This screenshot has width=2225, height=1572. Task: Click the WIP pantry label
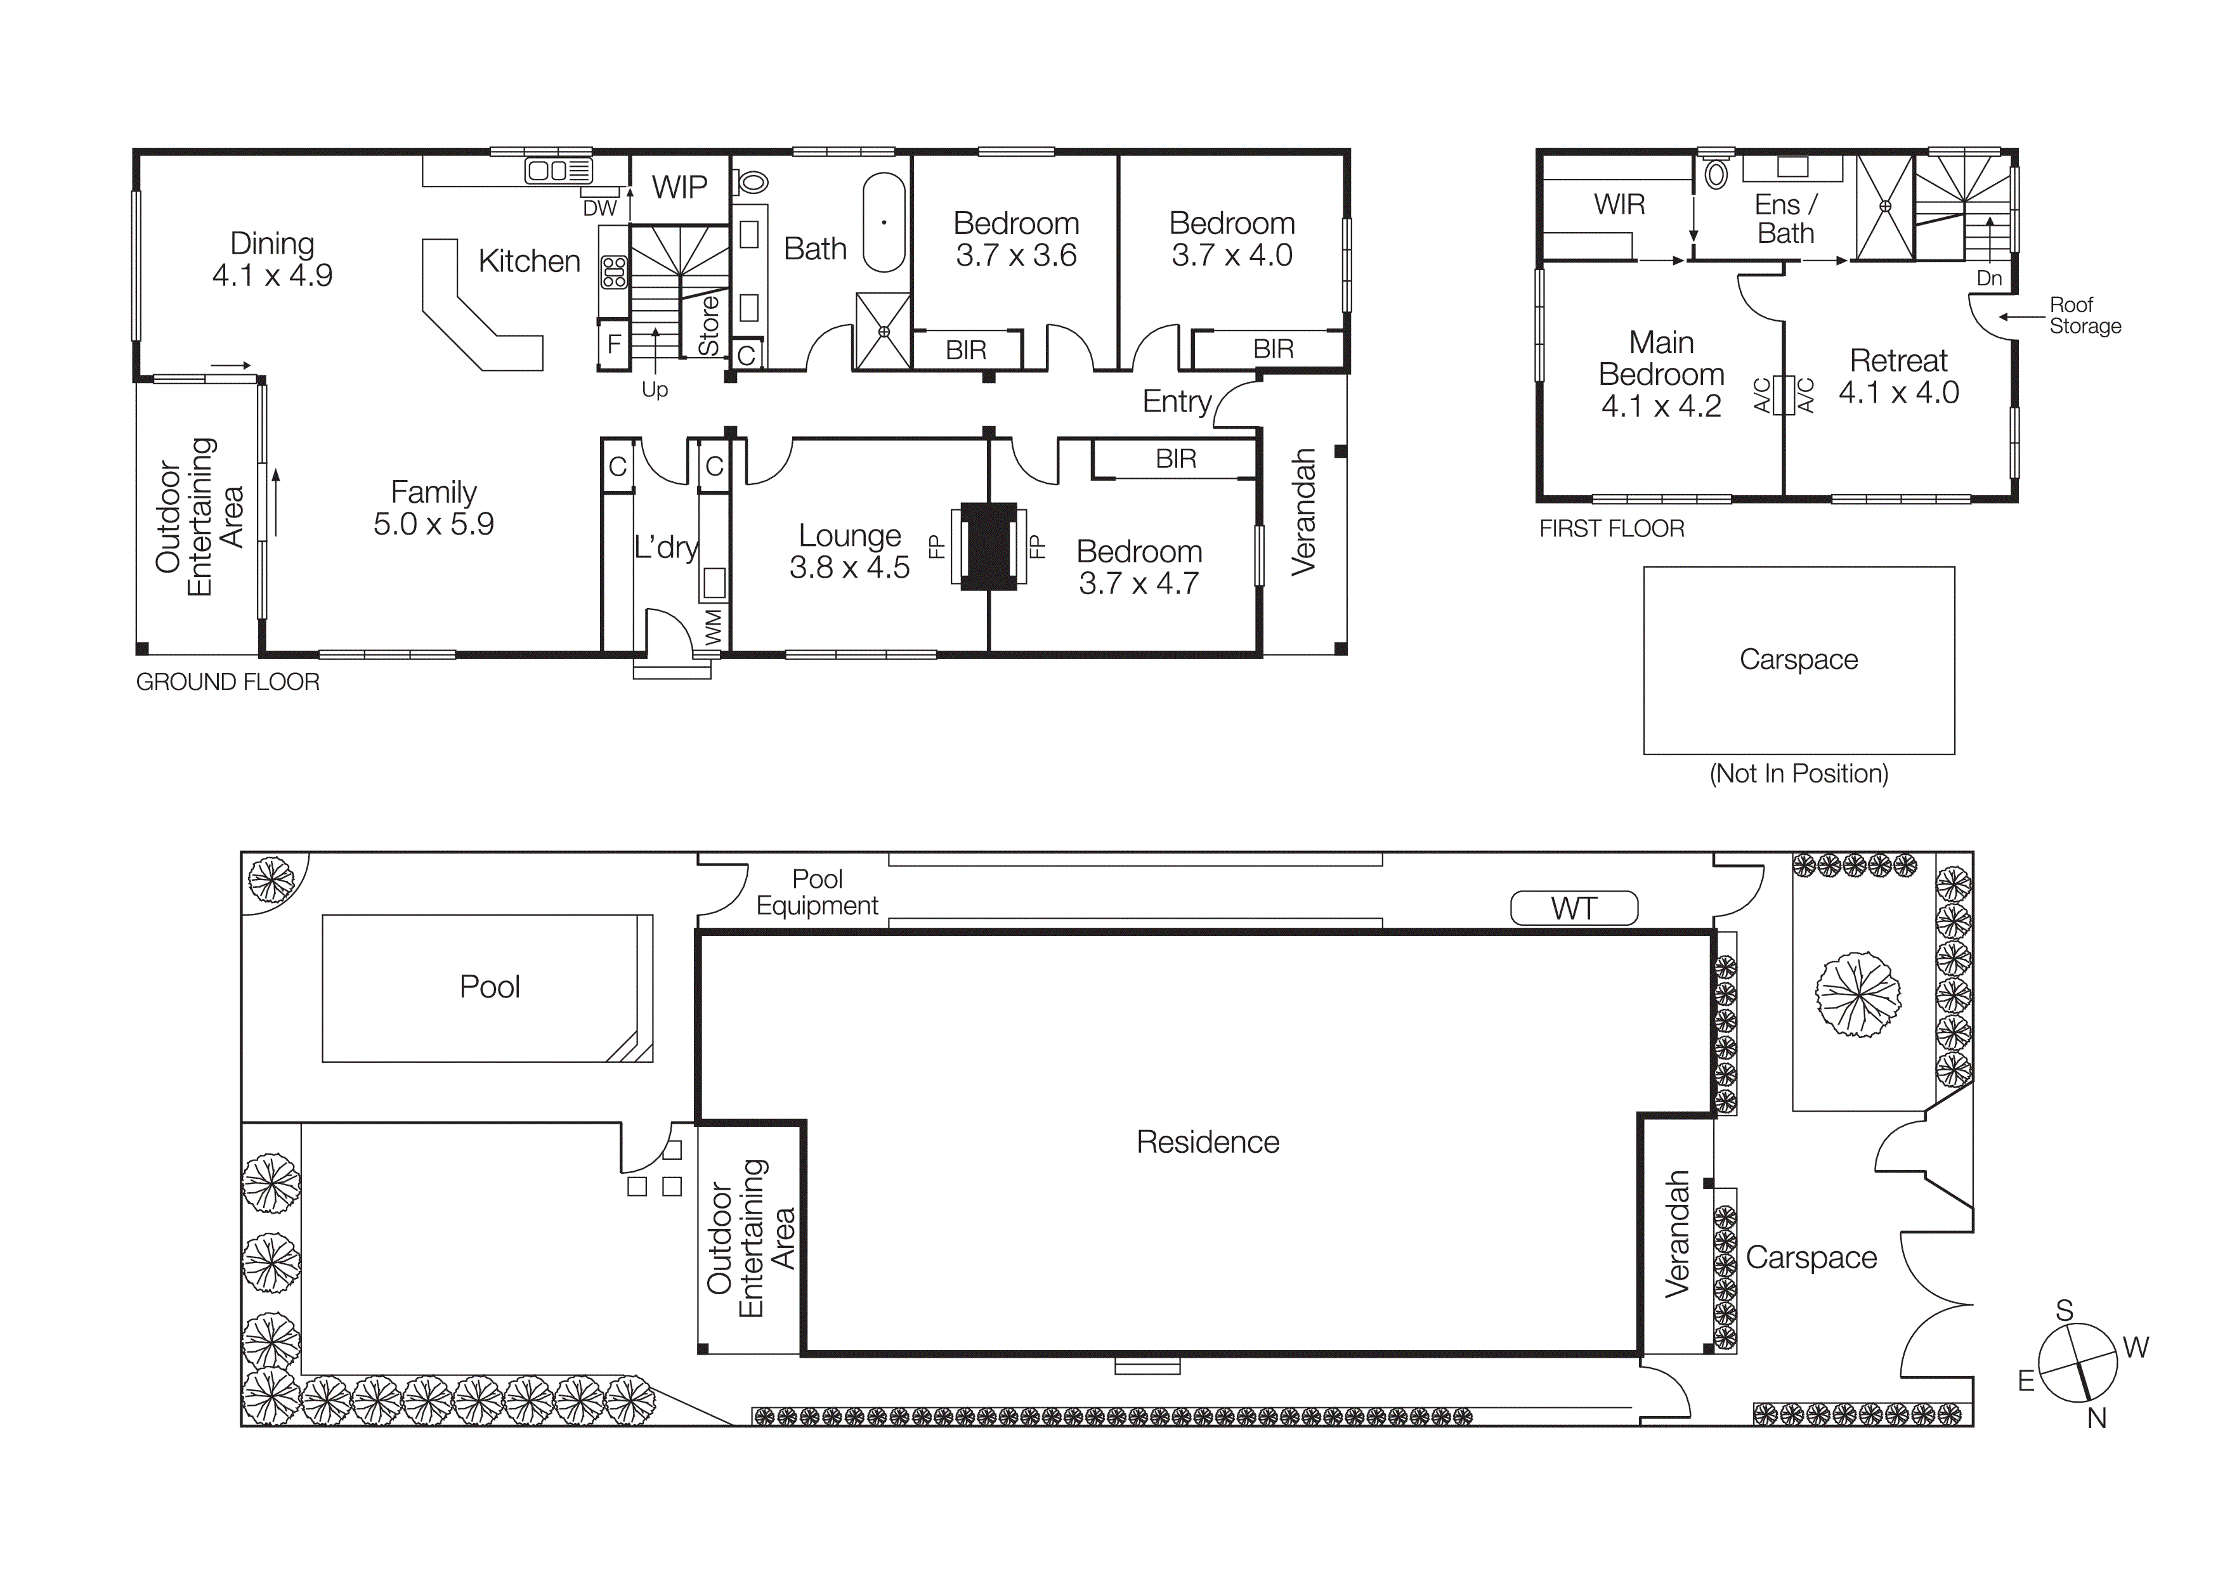(679, 187)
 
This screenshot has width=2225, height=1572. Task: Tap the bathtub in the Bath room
(883, 223)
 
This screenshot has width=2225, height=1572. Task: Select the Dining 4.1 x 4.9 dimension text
(272, 275)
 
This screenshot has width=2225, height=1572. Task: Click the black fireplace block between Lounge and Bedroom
(988, 546)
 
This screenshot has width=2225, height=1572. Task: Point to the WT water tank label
(1574, 909)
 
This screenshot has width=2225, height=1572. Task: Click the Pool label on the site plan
(490, 987)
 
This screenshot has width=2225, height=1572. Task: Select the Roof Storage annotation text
(2084, 316)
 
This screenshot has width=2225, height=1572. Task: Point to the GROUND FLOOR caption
(228, 682)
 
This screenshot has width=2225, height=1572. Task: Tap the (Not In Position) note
(1799, 774)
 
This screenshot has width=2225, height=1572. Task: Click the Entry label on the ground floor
(1177, 401)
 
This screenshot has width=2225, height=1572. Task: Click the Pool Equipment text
(817, 892)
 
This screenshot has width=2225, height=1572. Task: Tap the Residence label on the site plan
(1208, 1142)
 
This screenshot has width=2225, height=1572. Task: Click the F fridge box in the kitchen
(613, 344)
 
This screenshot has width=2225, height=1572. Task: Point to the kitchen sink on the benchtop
(558, 171)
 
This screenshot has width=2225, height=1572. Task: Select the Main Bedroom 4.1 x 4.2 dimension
(1661, 406)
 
